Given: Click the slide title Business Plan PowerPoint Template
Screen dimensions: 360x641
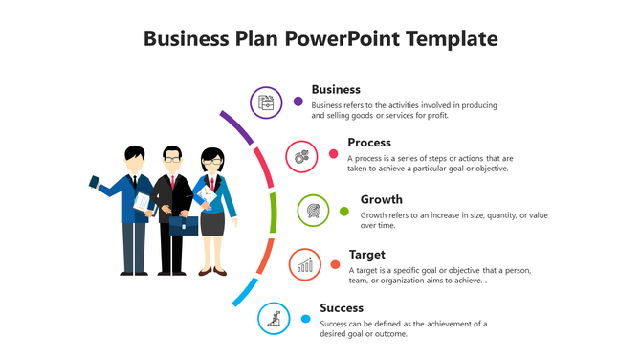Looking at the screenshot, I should tap(320, 38).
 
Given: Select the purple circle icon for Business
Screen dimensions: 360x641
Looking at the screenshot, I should tap(266, 101).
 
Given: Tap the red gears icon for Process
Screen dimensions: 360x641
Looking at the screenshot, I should tap(301, 155).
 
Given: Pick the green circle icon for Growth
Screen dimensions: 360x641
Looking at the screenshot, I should tap(314, 210).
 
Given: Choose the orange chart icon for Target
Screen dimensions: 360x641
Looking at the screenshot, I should tap(304, 264).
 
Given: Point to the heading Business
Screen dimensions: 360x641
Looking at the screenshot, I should tap(336, 89).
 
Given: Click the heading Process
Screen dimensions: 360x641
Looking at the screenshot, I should tap(369, 143).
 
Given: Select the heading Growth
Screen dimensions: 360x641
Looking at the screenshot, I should tap(381, 199).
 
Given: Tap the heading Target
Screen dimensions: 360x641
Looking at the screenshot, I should tap(367, 254).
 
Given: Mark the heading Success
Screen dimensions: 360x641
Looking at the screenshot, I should tap(342, 307).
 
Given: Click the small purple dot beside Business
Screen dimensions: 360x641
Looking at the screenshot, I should tap(298, 101).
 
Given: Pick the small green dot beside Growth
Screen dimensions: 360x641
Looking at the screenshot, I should tap(344, 211).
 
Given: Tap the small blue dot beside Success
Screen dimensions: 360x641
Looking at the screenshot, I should tap(306, 319).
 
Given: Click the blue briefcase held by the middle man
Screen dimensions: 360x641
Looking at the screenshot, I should tap(185, 225).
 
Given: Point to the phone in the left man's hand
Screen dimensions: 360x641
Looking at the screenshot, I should tap(94, 181).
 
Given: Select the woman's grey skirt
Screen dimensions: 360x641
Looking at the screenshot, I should tap(211, 222).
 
